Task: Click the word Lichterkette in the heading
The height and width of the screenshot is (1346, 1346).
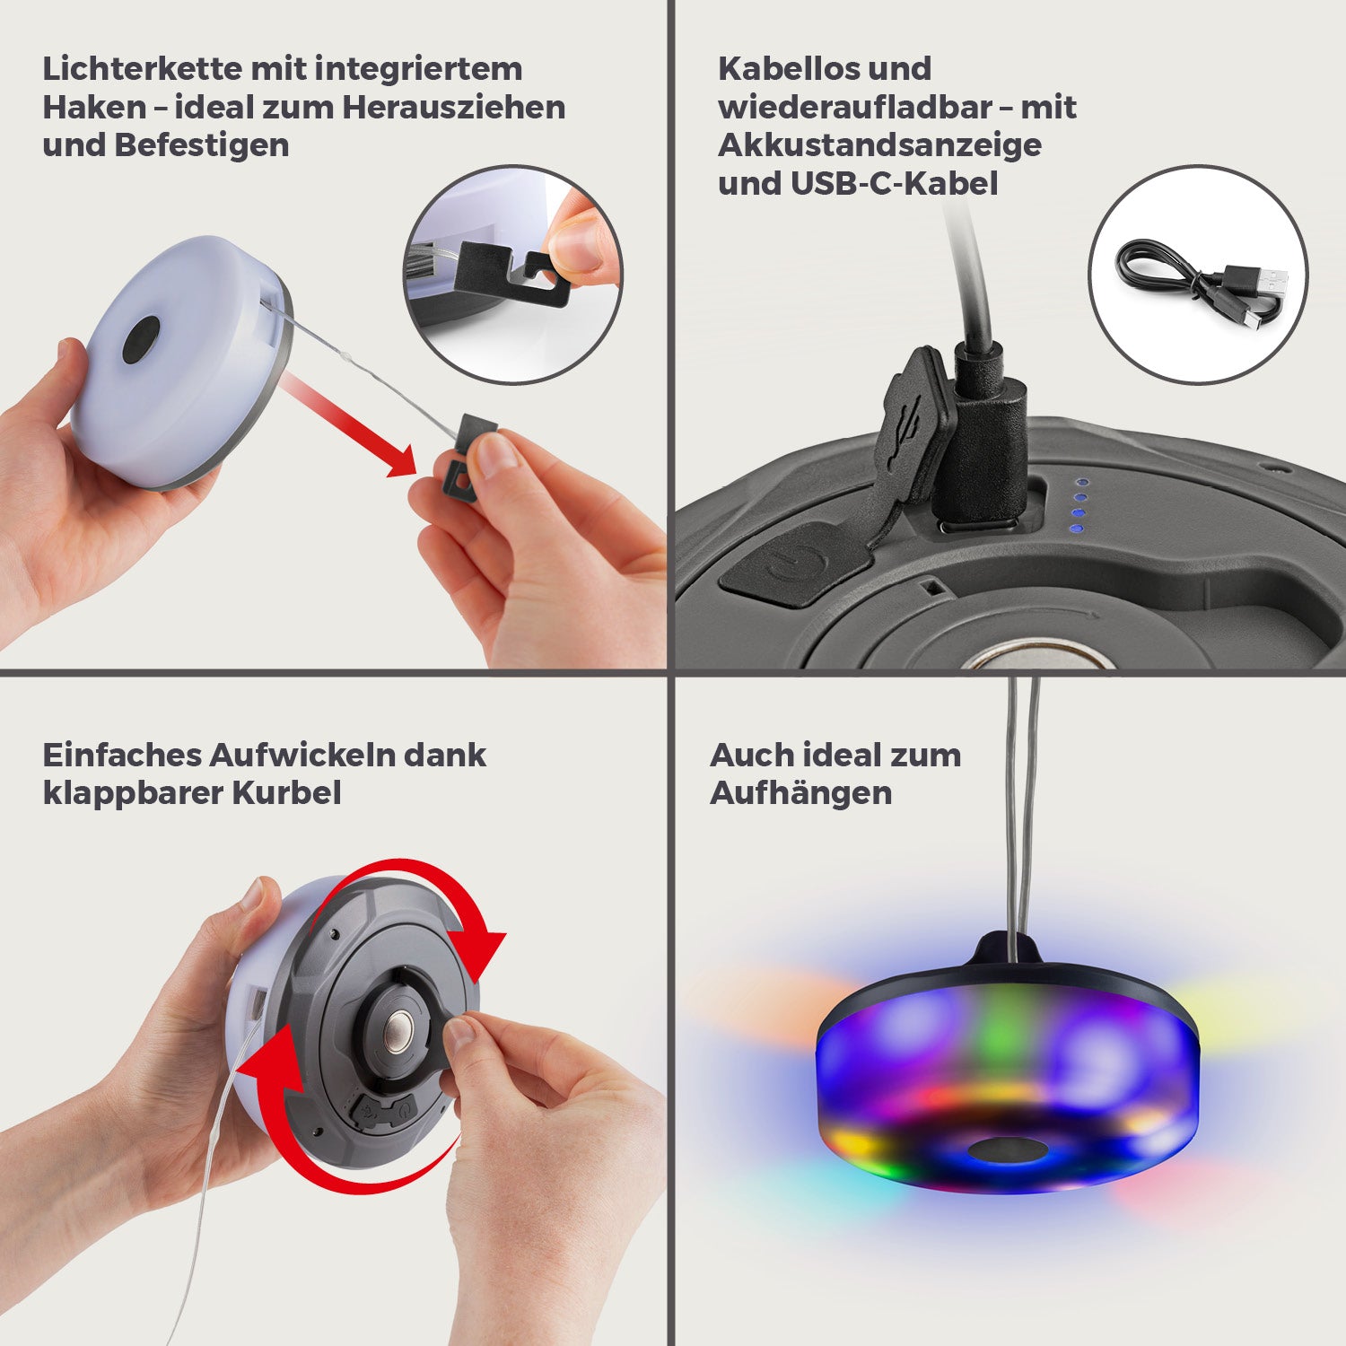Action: [x=142, y=69]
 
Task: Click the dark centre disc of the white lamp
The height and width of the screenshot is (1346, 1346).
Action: [x=141, y=340]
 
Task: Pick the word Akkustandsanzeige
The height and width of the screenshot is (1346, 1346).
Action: [x=879, y=145]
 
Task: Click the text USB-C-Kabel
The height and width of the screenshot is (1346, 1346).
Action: [x=894, y=184]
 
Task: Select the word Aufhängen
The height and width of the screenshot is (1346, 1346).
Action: [x=800, y=793]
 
